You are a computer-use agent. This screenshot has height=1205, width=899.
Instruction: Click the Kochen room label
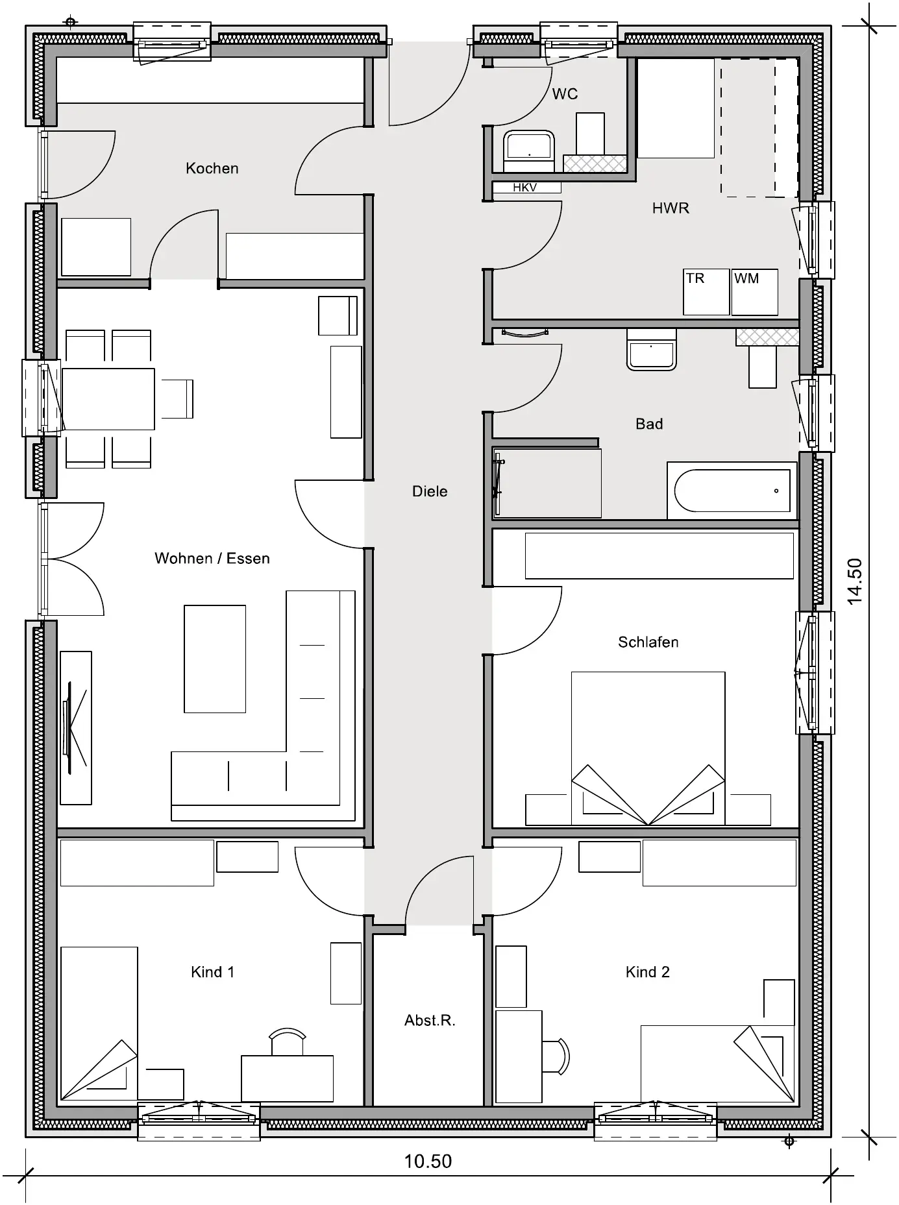(x=212, y=169)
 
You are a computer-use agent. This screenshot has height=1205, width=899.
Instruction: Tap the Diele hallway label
(x=430, y=491)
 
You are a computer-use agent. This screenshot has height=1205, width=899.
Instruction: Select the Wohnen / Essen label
(x=212, y=559)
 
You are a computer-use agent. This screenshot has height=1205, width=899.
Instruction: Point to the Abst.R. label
(x=430, y=1021)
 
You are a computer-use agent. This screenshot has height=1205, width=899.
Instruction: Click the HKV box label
(x=524, y=188)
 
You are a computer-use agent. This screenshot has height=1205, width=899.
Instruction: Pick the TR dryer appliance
(x=706, y=292)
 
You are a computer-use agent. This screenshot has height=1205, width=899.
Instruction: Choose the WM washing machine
(x=755, y=292)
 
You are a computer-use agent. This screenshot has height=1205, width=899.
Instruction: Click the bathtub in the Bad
(x=732, y=491)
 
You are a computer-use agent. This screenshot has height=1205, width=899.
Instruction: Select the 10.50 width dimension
(x=428, y=1162)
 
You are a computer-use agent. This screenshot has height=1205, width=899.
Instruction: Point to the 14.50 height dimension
(x=855, y=581)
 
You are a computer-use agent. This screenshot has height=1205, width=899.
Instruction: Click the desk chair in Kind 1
(x=287, y=1041)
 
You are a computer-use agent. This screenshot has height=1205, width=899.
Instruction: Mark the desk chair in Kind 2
(x=556, y=1056)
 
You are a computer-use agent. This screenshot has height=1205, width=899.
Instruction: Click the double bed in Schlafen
(x=648, y=748)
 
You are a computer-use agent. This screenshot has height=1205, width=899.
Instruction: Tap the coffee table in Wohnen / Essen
(x=215, y=659)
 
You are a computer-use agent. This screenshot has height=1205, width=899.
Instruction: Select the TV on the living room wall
(x=75, y=727)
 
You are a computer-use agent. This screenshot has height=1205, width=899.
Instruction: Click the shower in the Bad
(x=547, y=482)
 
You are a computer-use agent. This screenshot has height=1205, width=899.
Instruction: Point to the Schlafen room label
(x=648, y=642)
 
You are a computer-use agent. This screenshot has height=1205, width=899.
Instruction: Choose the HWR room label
(x=671, y=208)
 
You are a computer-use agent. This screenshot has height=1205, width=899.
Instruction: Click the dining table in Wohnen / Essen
(x=108, y=399)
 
